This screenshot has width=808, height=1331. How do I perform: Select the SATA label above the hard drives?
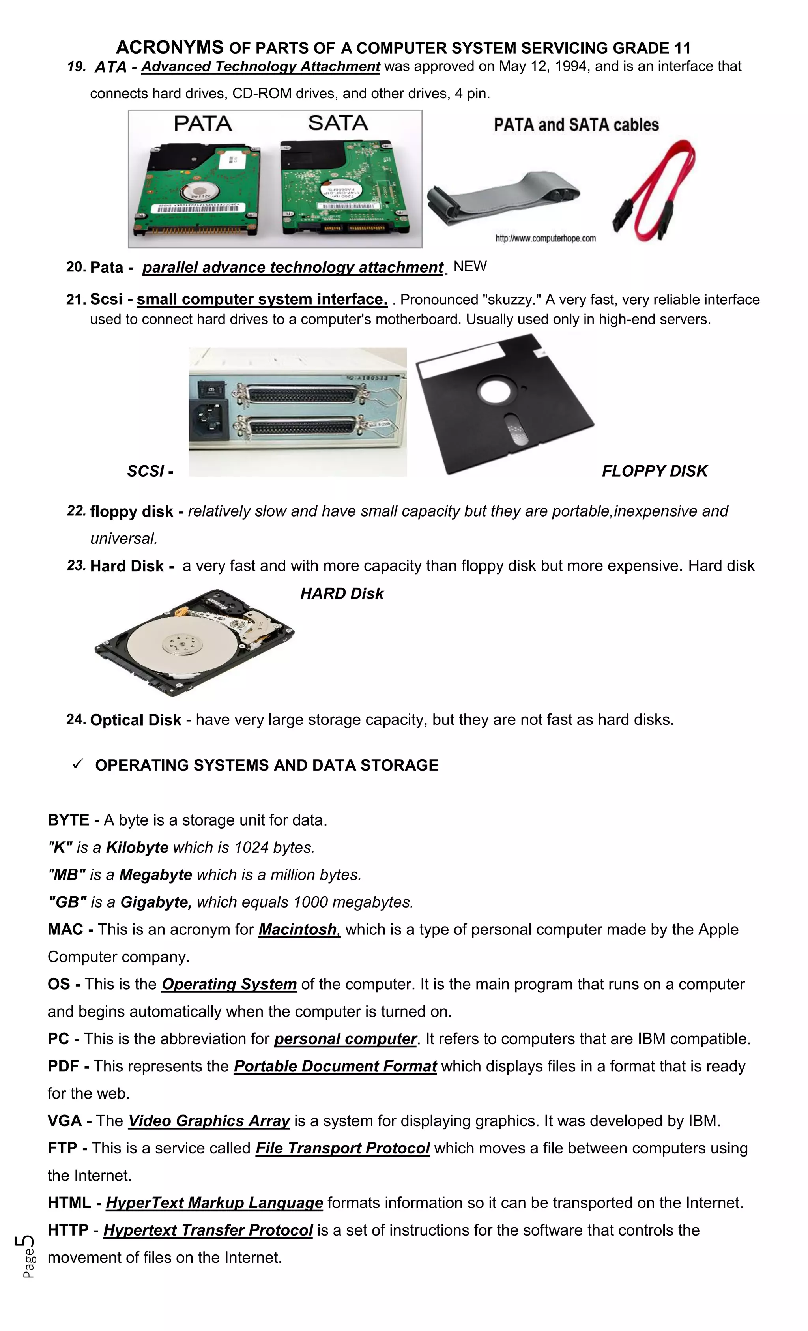click(338, 123)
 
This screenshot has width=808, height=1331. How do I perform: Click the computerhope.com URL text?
click(546, 239)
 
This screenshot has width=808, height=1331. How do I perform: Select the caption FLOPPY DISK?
click(654, 471)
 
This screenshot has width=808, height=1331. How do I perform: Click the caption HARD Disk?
click(341, 593)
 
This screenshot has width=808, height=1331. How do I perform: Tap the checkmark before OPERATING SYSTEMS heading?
click(78, 764)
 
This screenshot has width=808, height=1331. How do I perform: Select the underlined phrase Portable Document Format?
click(335, 1066)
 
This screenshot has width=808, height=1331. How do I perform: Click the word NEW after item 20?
click(470, 266)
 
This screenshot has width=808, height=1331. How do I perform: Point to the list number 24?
click(76, 719)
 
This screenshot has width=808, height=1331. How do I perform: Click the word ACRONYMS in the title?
click(170, 47)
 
